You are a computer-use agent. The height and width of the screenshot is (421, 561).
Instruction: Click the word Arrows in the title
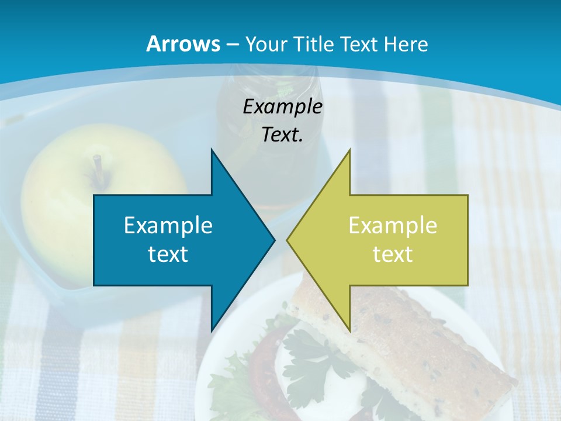tap(183, 44)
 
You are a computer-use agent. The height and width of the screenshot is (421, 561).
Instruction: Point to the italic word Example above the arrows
tap(282, 107)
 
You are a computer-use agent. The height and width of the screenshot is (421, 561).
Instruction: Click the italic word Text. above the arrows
tap(282, 135)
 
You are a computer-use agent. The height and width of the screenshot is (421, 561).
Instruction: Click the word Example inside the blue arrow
tap(168, 226)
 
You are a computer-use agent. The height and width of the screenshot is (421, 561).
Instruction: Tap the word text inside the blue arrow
tap(168, 254)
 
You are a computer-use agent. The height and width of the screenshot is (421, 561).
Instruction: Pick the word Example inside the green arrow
tap(393, 226)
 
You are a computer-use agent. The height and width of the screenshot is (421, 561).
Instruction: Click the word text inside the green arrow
tap(393, 254)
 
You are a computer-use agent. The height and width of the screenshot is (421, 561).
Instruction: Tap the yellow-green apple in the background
tap(64, 193)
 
